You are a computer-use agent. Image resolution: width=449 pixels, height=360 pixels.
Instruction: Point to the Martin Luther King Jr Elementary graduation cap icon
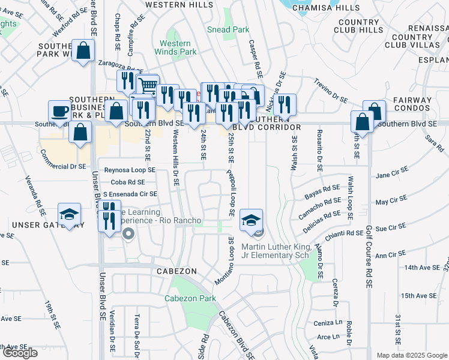pyautogui.click(x=252, y=220)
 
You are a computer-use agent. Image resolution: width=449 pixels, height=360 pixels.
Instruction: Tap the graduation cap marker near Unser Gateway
pyautogui.click(x=70, y=214)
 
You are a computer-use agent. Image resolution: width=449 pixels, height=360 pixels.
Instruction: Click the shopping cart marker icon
pyautogui.click(x=147, y=87)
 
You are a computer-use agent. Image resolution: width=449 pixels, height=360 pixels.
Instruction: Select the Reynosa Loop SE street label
pyautogui.click(x=130, y=170)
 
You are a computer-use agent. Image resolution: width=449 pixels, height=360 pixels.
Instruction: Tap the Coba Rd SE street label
pyautogui.click(x=128, y=182)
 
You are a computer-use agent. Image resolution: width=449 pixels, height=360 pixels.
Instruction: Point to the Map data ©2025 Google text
pyautogui.click(x=411, y=355)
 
